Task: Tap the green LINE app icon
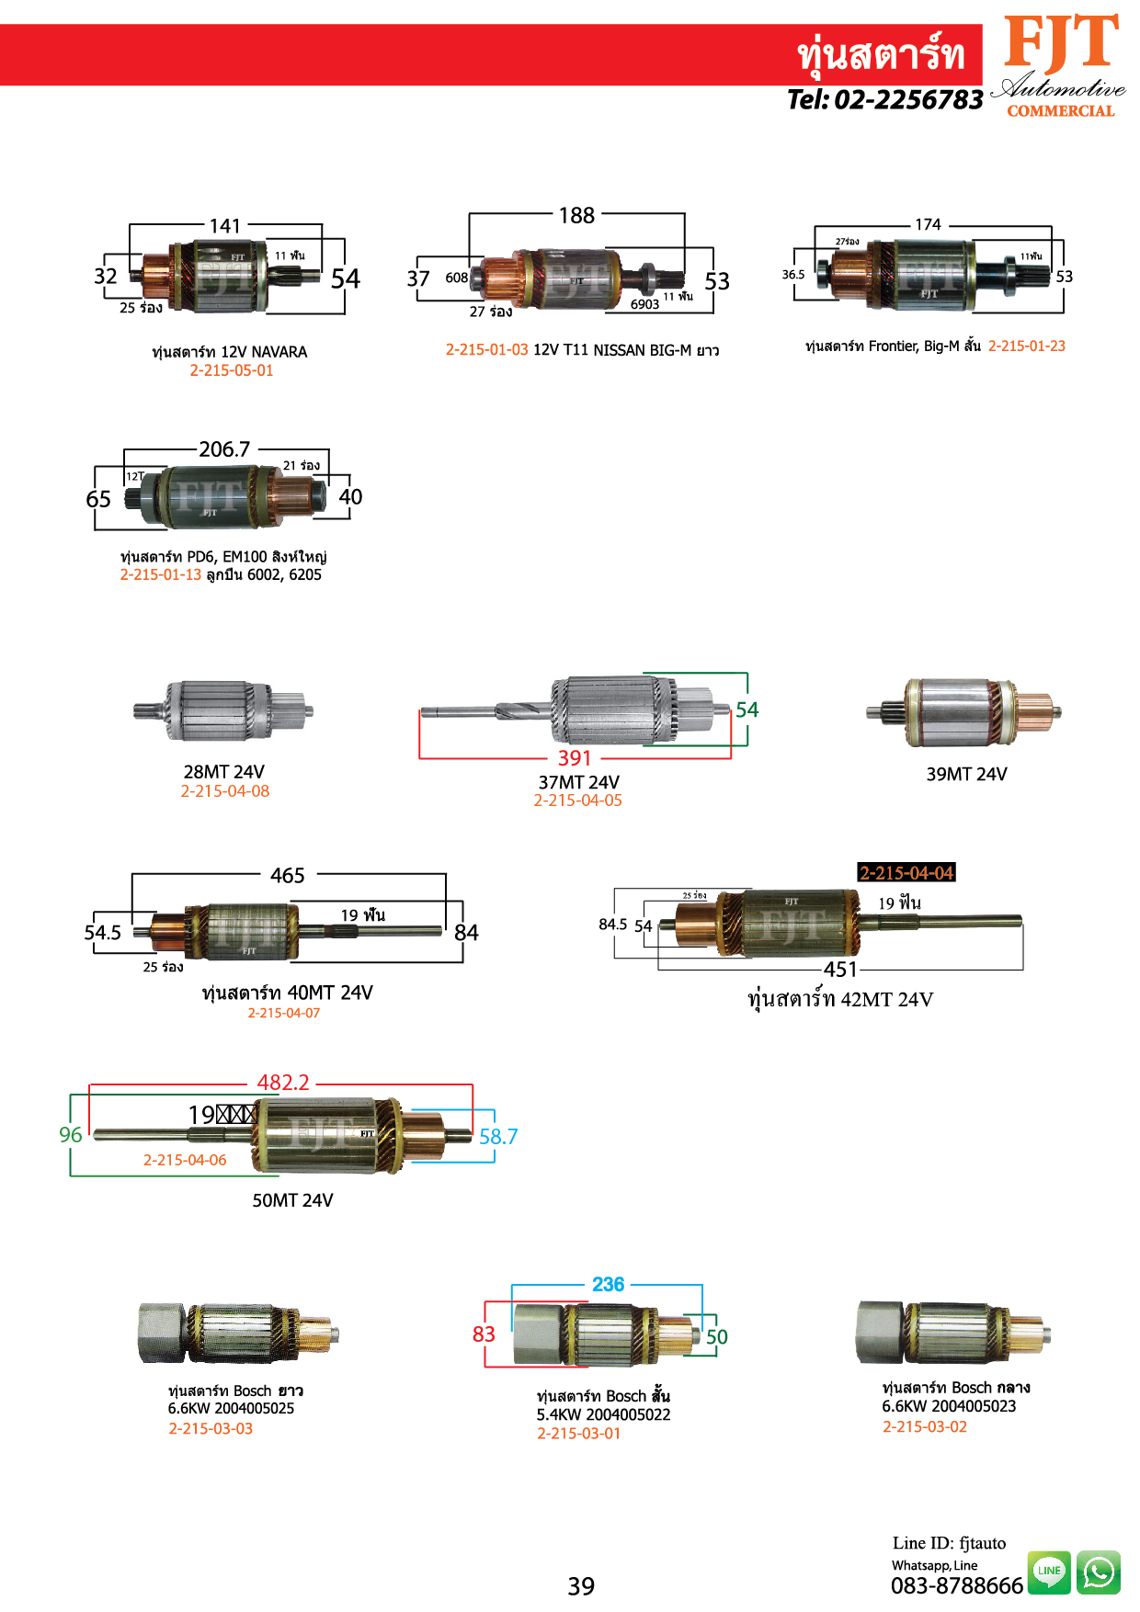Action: (x=1049, y=1572)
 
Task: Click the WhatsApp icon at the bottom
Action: (x=1099, y=1572)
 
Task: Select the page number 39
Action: (x=581, y=1586)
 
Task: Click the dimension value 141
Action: (x=225, y=225)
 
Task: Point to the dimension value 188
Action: (x=576, y=215)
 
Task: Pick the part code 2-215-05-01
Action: (x=232, y=370)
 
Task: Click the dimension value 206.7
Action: (x=224, y=448)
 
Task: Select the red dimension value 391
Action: (x=575, y=758)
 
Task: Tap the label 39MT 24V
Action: (x=966, y=774)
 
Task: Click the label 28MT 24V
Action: (x=224, y=772)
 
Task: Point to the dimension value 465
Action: (x=288, y=875)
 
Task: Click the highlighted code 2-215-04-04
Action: (x=906, y=872)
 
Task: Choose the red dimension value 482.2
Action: (x=283, y=1083)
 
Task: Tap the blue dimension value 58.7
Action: (x=498, y=1137)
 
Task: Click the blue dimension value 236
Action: (x=608, y=1284)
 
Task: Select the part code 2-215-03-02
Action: (x=925, y=1426)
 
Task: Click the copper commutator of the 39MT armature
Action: (x=1034, y=711)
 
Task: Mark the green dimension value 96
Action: (x=71, y=1135)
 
